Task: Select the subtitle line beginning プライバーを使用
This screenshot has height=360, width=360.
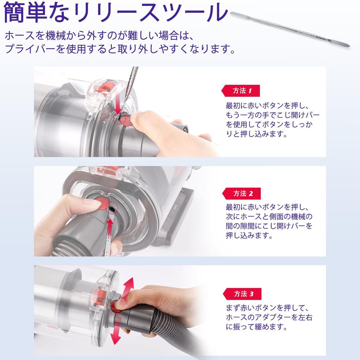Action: click(x=120, y=48)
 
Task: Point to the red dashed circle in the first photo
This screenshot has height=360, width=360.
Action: click(x=120, y=120)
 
